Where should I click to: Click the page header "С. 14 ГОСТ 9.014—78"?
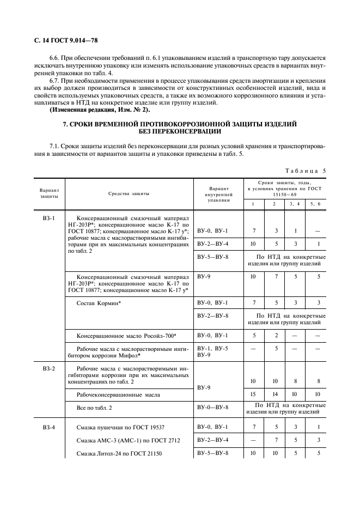pos(63,41)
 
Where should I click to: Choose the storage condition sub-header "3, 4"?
pos(295,203)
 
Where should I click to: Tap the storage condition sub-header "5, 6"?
pos(315,203)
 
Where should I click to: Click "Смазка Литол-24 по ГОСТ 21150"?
pos(120,454)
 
